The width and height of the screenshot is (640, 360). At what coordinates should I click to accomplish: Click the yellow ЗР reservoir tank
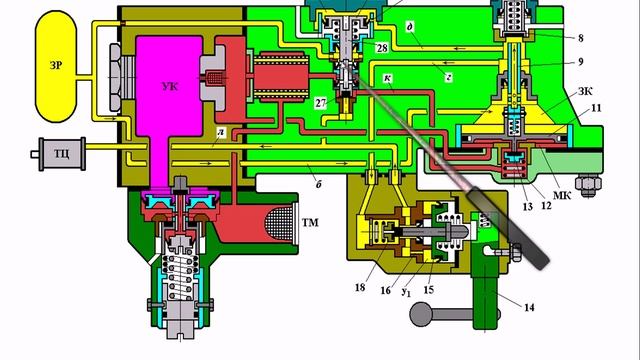[x=56, y=67]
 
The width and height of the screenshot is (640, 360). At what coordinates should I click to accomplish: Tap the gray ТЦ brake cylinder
[x=62, y=154]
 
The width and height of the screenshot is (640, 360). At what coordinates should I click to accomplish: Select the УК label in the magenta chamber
[x=170, y=87]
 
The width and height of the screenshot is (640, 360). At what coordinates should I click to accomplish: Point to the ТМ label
[x=310, y=222]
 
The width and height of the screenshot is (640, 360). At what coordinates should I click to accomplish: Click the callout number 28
[x=382, y=48]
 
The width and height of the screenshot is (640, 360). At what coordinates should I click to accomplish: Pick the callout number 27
[x=321, y=103]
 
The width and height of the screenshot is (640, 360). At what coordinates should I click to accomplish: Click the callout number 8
[x=581, y=38]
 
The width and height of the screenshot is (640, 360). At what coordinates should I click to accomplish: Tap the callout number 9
[x=581, y=62]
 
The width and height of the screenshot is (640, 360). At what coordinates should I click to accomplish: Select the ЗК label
[x=585, y=91]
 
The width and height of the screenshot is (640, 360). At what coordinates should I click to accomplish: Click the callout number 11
[x=596, y=108]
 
